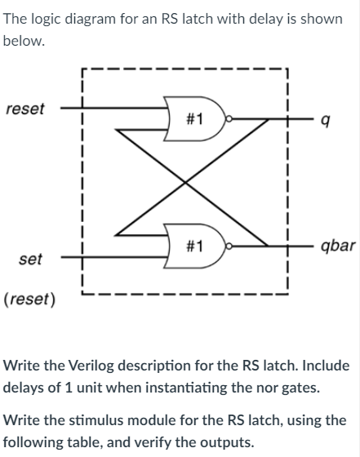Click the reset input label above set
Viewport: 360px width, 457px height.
click(25, 109)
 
